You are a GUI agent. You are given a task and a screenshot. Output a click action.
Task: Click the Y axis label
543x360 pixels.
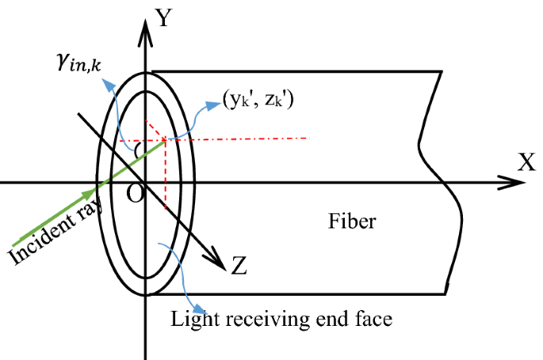point(164,17)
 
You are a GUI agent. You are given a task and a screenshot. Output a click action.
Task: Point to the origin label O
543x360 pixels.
point(136,194)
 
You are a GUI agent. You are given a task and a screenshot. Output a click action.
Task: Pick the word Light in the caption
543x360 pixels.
point(190,319)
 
